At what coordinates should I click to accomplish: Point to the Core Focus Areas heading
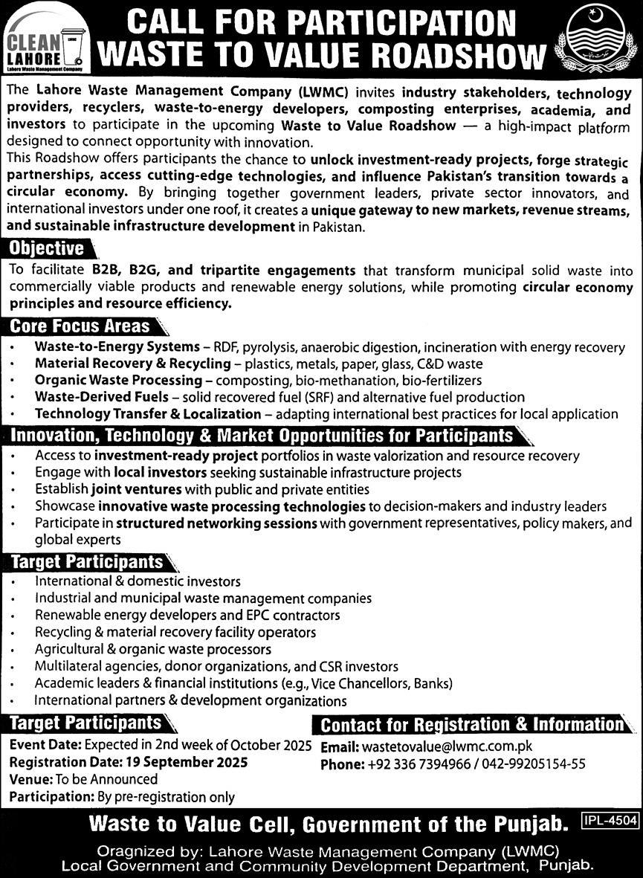tap(81, 326)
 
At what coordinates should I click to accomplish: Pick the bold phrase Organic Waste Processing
tap(118, 380)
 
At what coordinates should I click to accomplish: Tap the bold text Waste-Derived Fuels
tap(100, 397)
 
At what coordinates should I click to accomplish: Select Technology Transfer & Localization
tap(148, 413)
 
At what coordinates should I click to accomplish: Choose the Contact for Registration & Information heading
tap(471, 724)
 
